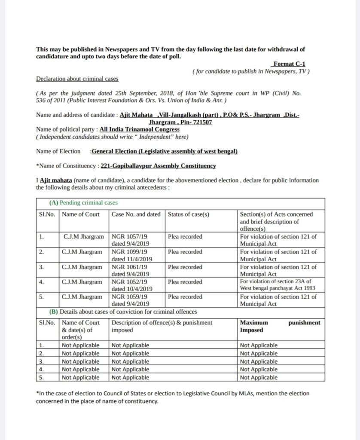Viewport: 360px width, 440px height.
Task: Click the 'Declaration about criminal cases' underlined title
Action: tap(77, 79)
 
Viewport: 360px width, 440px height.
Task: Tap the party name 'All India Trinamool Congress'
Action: tap(139, 129)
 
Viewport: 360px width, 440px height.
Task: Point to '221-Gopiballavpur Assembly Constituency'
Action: tap(158, 165)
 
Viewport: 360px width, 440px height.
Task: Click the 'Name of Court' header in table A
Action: tap(81, 214)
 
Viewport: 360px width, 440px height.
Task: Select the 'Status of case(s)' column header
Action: tap(189, 214)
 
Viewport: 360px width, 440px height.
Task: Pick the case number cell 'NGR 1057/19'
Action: tap(130, 237)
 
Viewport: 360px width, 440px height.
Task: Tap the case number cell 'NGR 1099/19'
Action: tap(130, 252)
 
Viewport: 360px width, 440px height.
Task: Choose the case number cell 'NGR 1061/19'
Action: tap(130, 267)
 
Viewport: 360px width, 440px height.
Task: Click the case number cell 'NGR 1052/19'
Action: tap(130, 282)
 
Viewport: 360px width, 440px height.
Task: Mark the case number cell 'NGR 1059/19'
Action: tap(130, 296)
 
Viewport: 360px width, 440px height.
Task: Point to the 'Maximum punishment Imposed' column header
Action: tap(280, 326)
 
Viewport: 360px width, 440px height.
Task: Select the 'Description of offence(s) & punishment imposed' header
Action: tap(162, 326)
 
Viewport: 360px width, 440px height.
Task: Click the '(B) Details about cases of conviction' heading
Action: tap(124, 312)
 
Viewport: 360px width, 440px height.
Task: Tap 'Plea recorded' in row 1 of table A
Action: tap(185, 237)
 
